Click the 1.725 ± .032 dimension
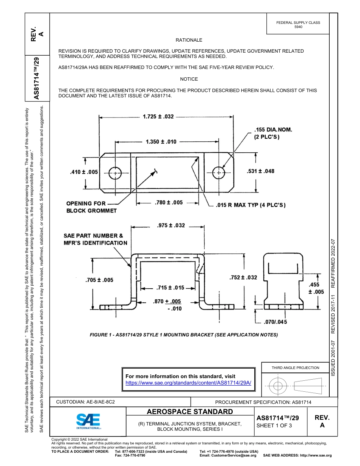[158, 117]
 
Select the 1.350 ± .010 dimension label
[161, 142]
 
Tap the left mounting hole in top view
[115, 173]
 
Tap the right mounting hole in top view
[219, 173]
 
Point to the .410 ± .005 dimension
[84, 172]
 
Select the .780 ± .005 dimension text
[169, 203]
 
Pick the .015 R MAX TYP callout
[250, 205]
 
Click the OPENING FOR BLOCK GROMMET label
[91, 207]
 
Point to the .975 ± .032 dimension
[171, 225]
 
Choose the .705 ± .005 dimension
[99, 280]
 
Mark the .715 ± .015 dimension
[170, 288]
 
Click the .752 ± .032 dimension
[243, 277]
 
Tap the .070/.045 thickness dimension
[276, 322]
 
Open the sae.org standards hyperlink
[188, 383]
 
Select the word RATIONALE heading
[189, 40]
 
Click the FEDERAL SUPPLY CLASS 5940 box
[298, 25]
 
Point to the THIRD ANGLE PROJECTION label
[295, 367]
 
